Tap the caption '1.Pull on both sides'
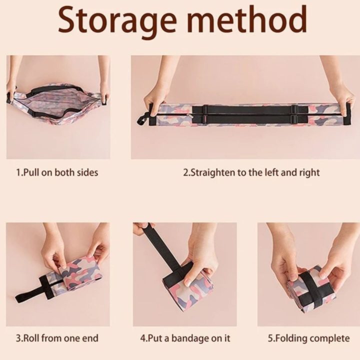pos(57,172)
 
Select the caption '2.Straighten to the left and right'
pos(251,172)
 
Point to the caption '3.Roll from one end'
pos(57,338)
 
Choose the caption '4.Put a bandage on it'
pos(185,338)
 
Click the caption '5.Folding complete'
pos(309,338)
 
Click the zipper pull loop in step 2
pos(142,119)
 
